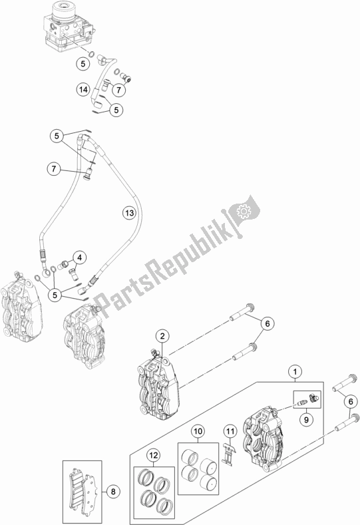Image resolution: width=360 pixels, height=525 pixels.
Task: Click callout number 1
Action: (293, 372)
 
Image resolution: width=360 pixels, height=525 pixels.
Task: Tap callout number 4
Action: (80, 258)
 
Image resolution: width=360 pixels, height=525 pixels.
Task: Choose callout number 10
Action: (198, 433)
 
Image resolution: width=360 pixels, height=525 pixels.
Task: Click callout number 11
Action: (229, 433)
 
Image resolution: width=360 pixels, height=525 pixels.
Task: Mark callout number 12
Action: (154, 456)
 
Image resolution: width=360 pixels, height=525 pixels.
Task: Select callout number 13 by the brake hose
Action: (128, 213)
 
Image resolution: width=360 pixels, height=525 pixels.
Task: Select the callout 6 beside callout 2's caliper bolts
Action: (267, 324)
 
